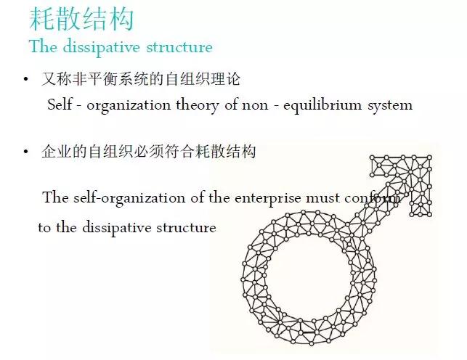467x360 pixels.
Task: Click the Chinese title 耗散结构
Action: (81, 19)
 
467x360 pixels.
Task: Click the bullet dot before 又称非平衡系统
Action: (26, 78)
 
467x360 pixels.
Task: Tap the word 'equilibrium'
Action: (325, 105)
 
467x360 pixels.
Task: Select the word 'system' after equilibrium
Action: (391, 105)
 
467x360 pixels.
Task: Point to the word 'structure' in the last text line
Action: (190, 228)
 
